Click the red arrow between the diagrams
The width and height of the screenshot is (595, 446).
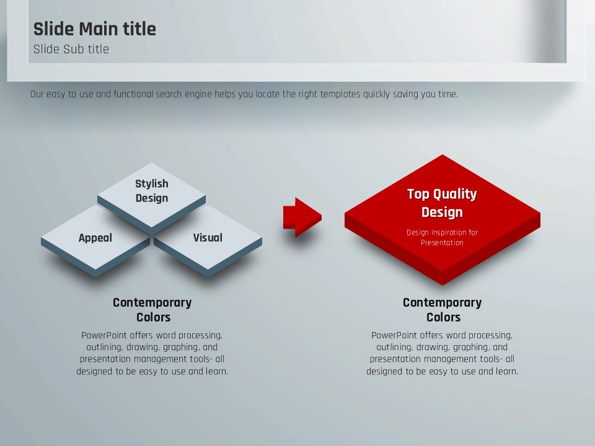tap(302, 217)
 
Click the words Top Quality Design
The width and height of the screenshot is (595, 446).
tap(442, 203)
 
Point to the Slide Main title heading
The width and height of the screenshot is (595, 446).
tap(94, 29)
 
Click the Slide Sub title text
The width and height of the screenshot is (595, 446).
tap(71, 49)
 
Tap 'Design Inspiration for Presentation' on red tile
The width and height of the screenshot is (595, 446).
tap(442, 237)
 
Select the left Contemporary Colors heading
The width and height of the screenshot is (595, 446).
tap(152, 310)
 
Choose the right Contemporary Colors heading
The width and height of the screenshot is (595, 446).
tap(443, 310)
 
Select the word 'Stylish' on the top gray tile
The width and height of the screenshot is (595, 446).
tap(152, 183)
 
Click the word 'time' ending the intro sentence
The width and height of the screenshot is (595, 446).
tap(448, 94)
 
